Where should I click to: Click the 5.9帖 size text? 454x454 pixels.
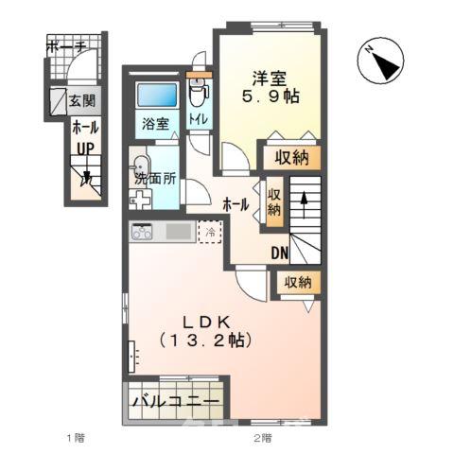[270, 96]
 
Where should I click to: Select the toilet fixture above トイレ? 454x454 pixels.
[197, 93]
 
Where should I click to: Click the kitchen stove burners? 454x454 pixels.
[143, 231]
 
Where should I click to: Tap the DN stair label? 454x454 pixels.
[281, 253]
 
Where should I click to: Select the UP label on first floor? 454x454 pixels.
[82, 148]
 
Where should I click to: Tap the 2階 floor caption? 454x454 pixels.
[262, 438]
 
